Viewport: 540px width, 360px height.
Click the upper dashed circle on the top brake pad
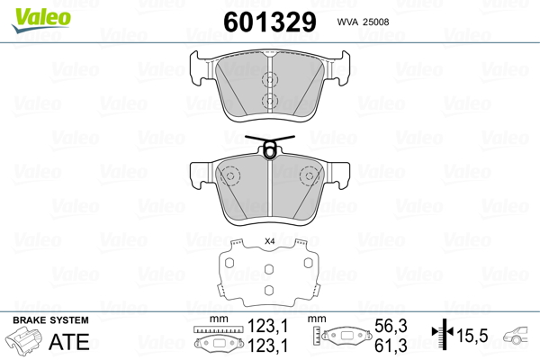coord(268,78)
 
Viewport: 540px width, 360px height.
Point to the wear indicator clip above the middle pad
coord(267,147)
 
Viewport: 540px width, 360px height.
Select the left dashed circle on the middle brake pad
coord(228,177)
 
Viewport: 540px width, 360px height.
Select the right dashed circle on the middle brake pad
coord(308,177)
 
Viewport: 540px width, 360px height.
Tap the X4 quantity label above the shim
coord(268,241)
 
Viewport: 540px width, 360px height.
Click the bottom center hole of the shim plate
coord(268,288)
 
